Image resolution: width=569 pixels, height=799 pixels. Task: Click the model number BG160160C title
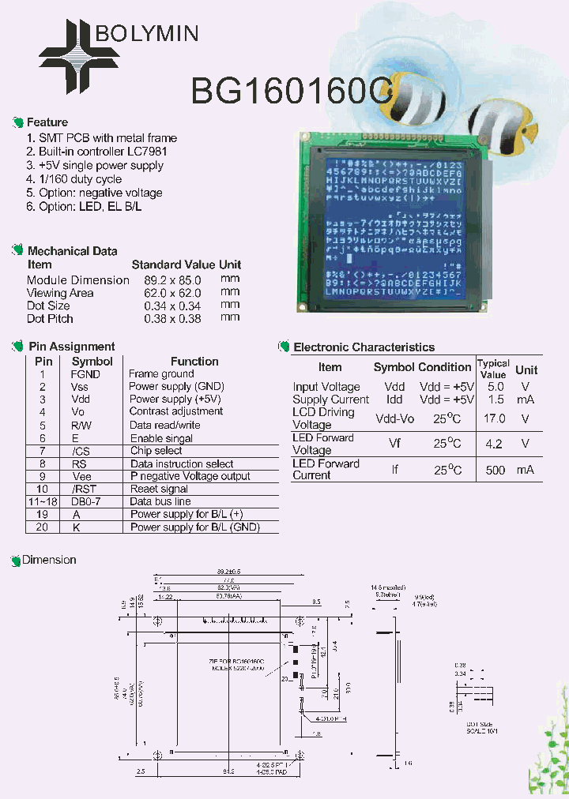(x=292, y=92)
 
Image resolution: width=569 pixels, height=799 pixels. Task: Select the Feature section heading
(x=47, y=122)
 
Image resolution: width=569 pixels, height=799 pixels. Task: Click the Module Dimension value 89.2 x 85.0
(x=172, y=280)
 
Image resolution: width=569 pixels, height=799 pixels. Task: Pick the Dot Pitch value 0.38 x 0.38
(x=172, y=318)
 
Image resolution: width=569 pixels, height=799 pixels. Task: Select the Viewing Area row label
(x=60, y=293)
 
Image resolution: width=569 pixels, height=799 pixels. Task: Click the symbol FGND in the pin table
(x=85, y=374)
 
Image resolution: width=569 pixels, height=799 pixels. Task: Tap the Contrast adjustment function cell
(x=175, y=411)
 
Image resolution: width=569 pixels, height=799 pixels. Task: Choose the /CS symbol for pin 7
(x=81, y=451)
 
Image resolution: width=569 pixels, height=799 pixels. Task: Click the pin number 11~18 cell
(x=43, y=501)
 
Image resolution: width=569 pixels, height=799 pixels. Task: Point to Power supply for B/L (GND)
(x=194, y=527)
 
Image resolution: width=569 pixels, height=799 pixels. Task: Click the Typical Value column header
(x=493, y=369)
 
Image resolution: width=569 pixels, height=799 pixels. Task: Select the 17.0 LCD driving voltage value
(x=495, y=418)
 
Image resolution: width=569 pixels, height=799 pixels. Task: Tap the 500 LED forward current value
(x=495, y=470)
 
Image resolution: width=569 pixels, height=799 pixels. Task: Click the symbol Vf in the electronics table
(x=394, y=444)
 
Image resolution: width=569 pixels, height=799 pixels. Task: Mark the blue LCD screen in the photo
(x=393, y=225)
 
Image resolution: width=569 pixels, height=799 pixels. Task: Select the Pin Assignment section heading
(x=71, y=347)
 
